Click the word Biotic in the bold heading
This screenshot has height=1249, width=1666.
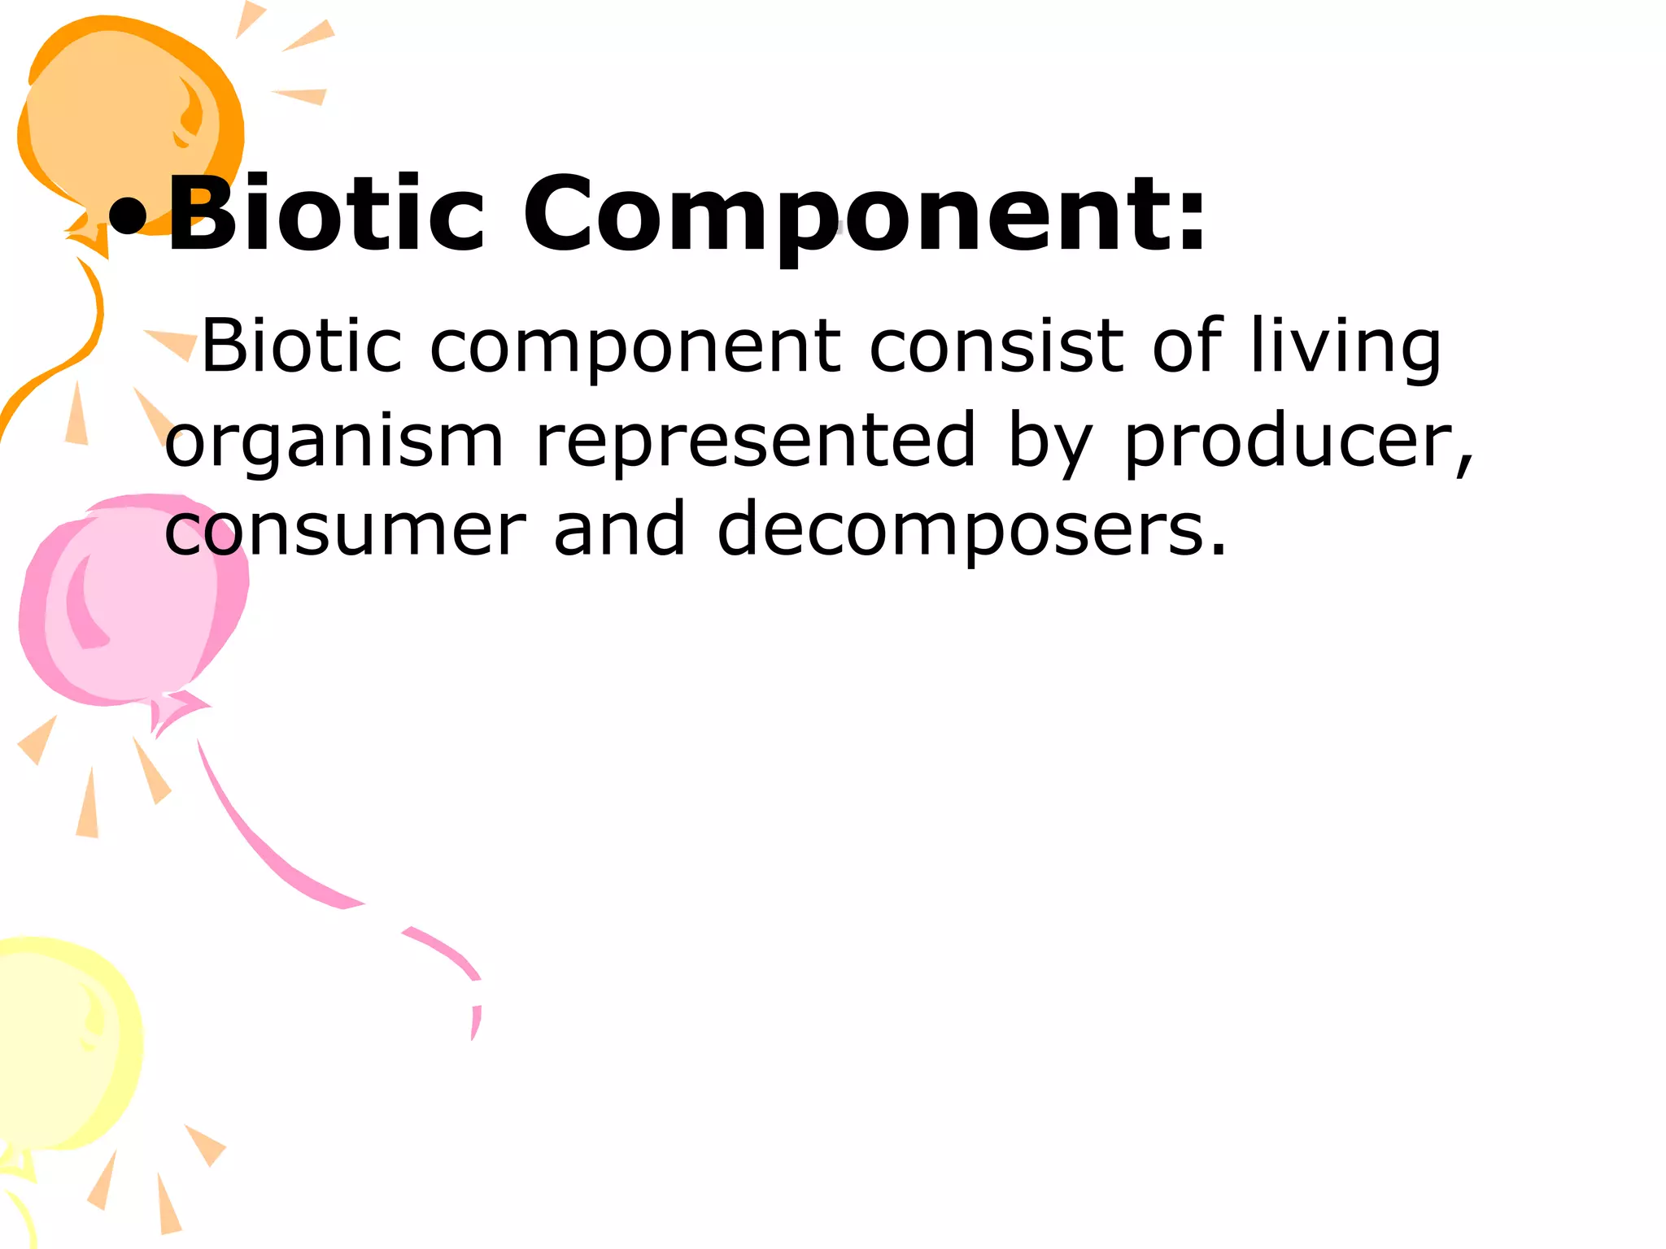(x=325, y=213)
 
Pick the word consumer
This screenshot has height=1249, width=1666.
(x=345, y=530)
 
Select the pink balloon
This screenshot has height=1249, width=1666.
(x=130, y=602)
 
